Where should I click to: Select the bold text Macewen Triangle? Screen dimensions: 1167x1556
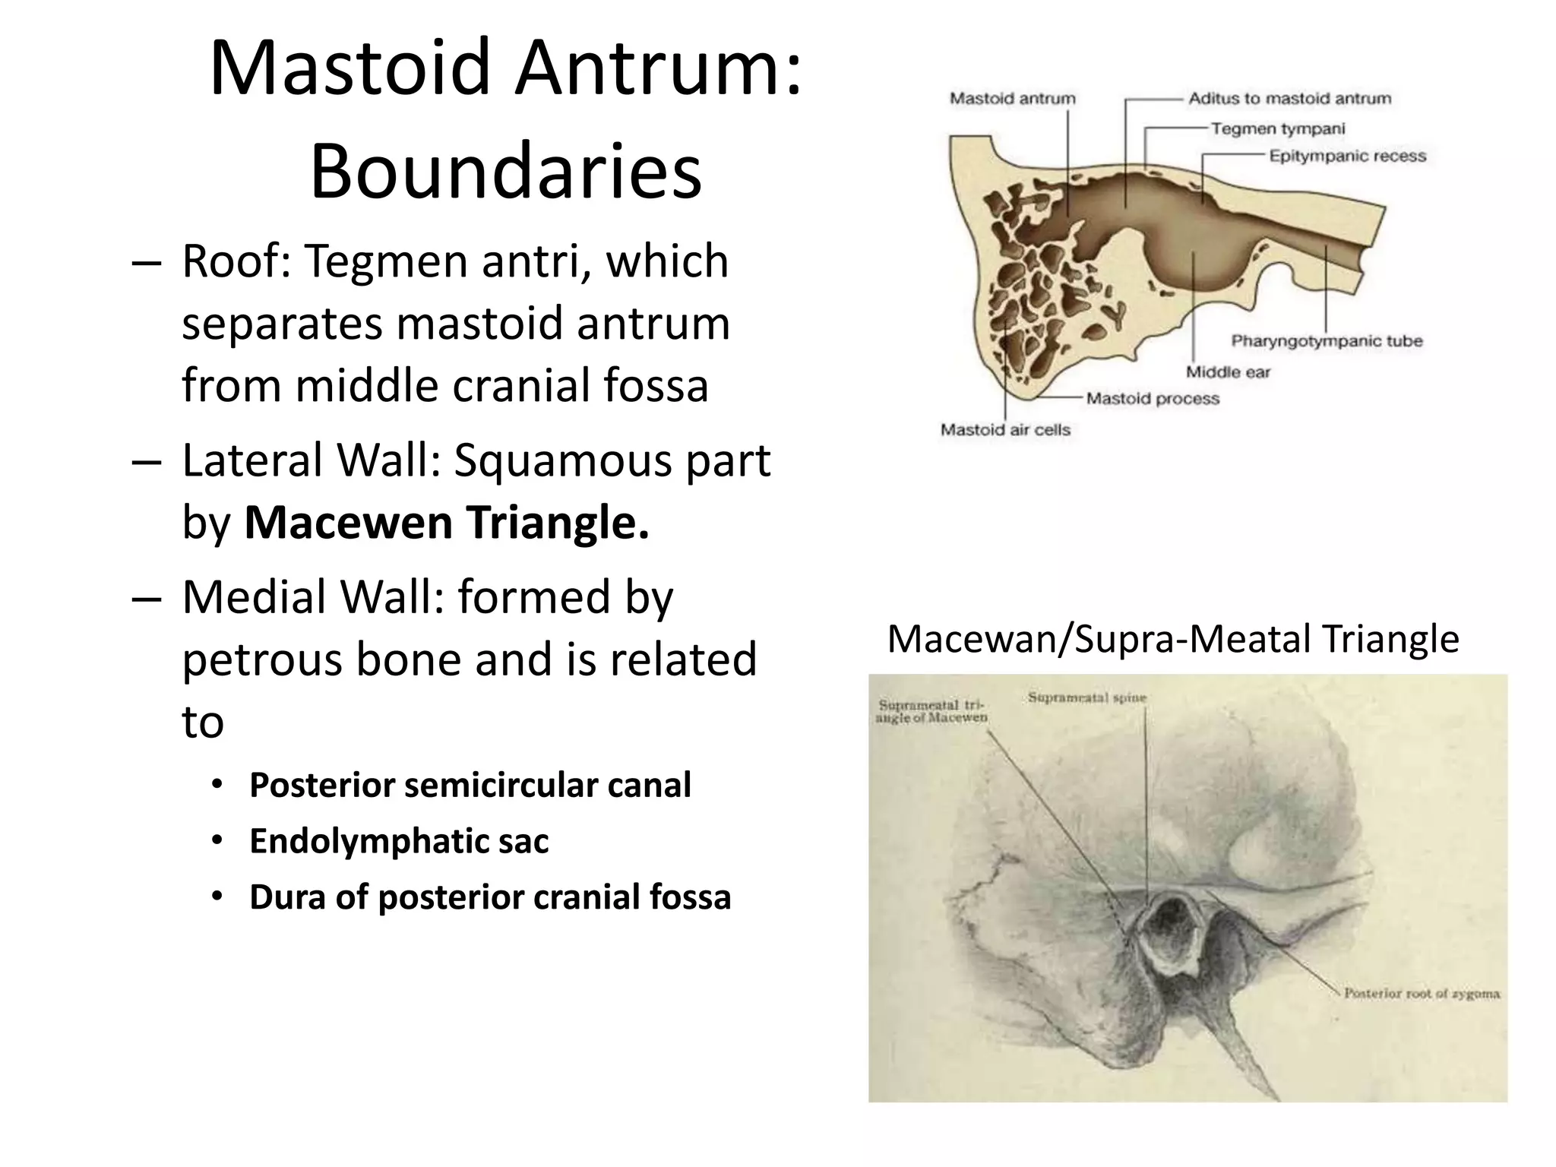point(447,523)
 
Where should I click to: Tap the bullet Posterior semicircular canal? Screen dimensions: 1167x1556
point(470,785)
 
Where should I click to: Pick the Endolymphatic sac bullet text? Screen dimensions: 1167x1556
point(399,841)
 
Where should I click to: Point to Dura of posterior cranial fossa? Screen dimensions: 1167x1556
point(490,897)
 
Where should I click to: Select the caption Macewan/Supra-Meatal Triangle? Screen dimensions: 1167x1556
point(1172,638)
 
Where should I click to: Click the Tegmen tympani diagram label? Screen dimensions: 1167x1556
point(1277,128)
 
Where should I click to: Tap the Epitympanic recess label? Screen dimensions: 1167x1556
point(1347,156)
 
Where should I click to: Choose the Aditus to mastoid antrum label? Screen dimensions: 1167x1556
point(1289,98)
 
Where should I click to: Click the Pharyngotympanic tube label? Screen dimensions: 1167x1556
point(1327,340)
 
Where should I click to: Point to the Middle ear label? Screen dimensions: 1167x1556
point(1228,372)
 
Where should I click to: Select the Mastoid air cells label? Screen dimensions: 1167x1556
point(1005,429)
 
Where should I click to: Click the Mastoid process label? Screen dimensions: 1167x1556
point(1152,398)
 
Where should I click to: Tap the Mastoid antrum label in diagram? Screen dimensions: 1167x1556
point(1013,98)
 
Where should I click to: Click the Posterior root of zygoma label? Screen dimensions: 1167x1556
point(1421,993)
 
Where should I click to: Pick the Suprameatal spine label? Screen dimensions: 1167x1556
point(1086,697)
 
